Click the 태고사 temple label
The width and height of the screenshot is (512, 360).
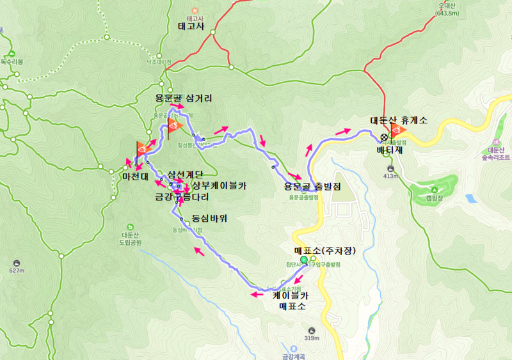[x=191, y=27]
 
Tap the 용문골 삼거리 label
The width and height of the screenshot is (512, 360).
[x=184, y=98]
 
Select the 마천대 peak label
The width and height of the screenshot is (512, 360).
[x=136, y=175]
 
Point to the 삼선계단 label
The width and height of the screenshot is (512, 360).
[x=185, y=175]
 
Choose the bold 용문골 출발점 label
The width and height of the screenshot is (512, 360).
[x=312, y=187]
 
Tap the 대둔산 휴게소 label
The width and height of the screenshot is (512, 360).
[x=399, y=120]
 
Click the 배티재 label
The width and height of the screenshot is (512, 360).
[x=390, y=151]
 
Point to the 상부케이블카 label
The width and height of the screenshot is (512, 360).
[x=220, y=186]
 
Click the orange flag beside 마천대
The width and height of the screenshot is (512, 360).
[x=142, y=149]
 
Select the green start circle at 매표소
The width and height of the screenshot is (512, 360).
[x=304, y=260]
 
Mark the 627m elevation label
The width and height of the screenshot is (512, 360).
[x=17, y=270]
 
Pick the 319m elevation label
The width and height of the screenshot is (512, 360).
[x=312, y=338]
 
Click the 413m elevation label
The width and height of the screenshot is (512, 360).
[x=391, y=176]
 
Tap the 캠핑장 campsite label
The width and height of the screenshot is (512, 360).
[x=436, y=198]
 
